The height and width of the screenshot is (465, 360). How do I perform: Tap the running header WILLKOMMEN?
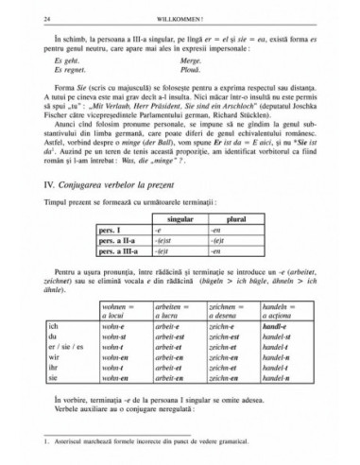180,17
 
